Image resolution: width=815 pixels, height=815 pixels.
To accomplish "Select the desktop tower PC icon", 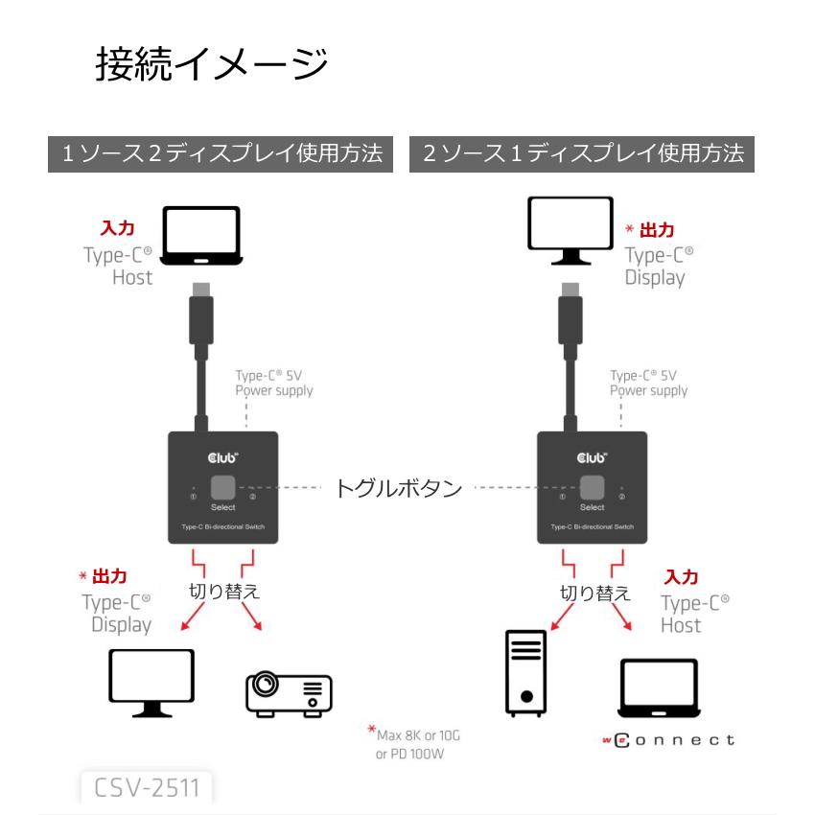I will click(x=525, y=671).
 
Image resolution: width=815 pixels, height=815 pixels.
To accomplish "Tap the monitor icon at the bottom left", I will click(x=151, y=682).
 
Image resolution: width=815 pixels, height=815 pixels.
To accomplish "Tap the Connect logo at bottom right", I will click(x=664, y=740).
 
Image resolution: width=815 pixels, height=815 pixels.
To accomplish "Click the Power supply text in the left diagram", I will click(x=274, y=391).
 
